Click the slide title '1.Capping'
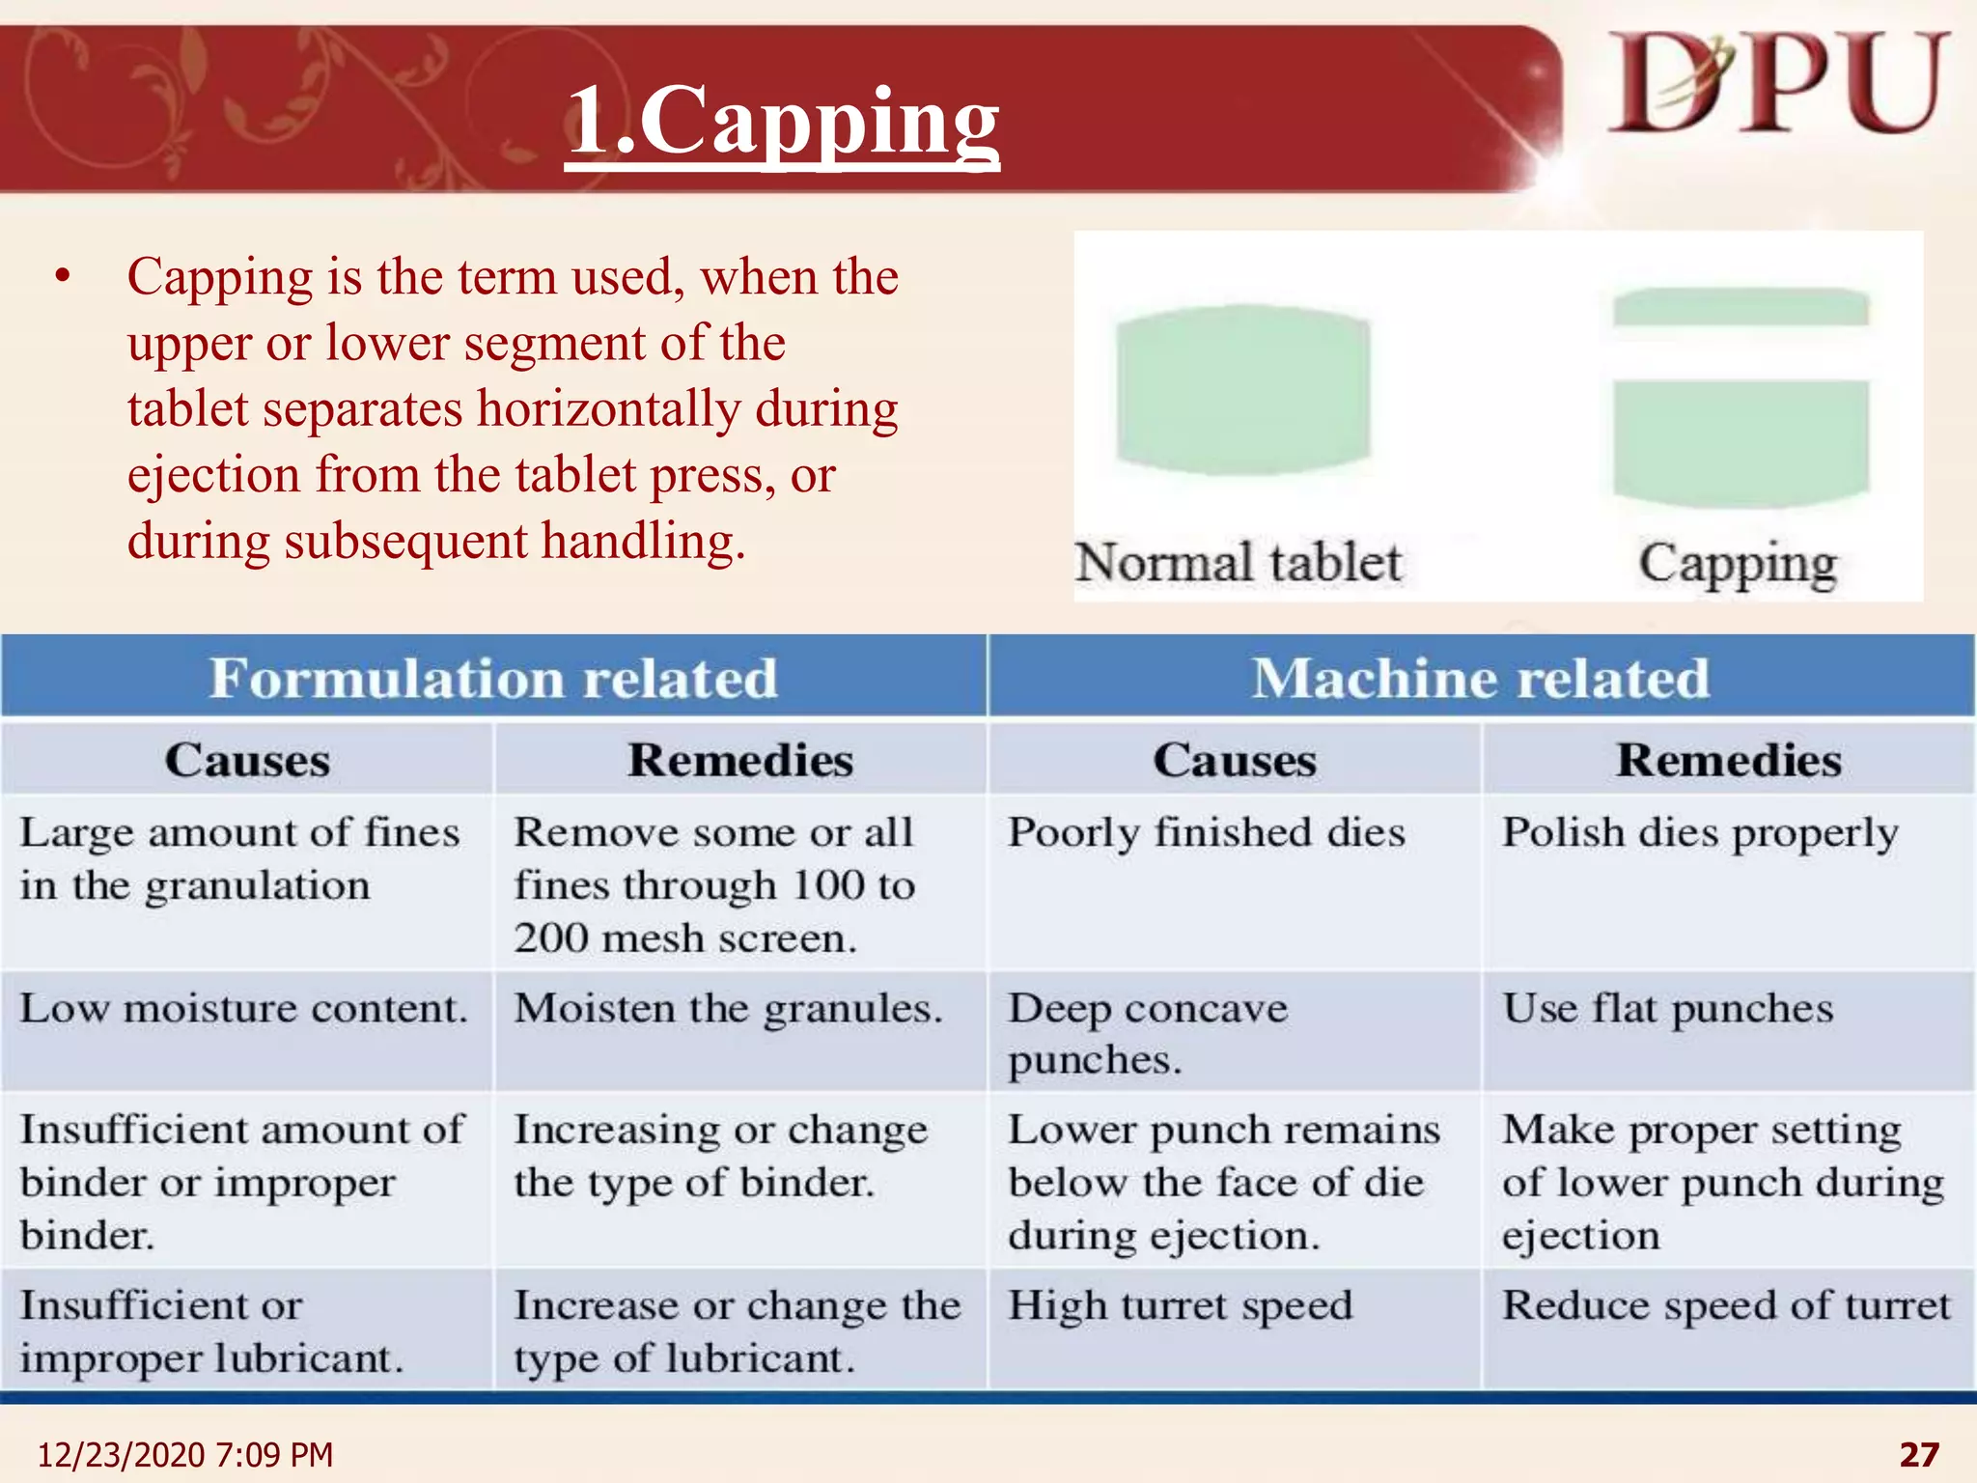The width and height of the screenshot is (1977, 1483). (782, 121)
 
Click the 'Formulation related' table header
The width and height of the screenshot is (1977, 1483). (493, 678)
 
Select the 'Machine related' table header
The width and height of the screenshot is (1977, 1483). (1481, 678)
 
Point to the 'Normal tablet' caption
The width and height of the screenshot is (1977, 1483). (1239, 563)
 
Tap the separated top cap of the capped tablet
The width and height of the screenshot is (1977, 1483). (1740, 307)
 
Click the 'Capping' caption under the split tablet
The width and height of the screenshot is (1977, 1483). (1738, 565)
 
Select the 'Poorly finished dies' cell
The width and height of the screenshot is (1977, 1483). (1207, 832)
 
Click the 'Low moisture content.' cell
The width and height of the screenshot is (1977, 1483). (243, 1009)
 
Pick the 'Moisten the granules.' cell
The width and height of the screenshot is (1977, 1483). (728, 1009)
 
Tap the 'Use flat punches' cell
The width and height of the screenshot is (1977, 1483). (1667, 1009)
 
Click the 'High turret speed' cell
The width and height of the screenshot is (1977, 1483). (1181, 1306)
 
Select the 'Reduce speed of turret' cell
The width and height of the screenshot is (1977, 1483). (1726, 1306)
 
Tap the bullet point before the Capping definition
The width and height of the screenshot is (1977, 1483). (64, 277)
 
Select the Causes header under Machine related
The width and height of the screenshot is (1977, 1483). (1235, 760)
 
